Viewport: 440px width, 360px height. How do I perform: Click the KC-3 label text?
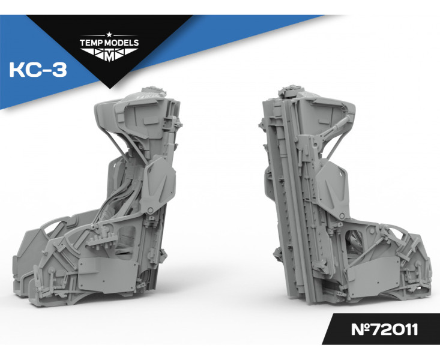38,70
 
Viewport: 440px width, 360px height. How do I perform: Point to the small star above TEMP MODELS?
109,35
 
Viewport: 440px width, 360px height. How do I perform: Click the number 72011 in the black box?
394,329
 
